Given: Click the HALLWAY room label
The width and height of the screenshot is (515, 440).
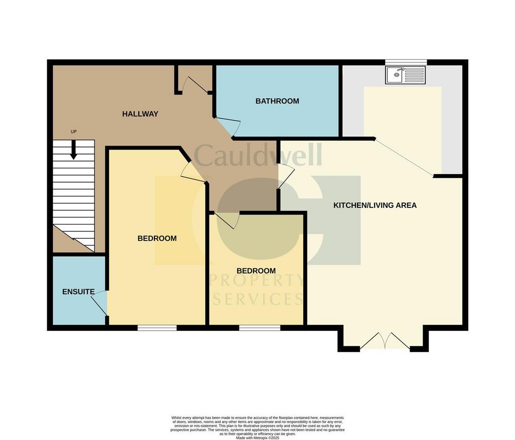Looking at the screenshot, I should (x=140, y=114).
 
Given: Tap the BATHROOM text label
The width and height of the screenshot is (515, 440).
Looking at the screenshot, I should (x=277, y=101).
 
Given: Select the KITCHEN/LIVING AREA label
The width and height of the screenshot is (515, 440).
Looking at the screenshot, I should (x=375, y=205).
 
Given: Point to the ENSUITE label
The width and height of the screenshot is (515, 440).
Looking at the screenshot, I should (x=78, y=292).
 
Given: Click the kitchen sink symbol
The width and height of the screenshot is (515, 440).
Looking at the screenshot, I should (x=405, y=76).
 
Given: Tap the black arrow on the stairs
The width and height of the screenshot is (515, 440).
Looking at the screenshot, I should (x=73, y=150).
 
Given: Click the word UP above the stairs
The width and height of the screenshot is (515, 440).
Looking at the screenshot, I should (x=73, y=132).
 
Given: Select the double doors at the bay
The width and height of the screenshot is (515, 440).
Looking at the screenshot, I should (x=384, y=341).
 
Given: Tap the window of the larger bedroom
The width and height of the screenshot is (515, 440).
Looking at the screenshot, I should (x=157, y=328).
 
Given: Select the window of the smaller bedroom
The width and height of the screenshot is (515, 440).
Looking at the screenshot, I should (x=260, y=328).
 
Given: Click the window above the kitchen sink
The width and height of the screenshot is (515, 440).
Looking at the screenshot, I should (x=406, y=62).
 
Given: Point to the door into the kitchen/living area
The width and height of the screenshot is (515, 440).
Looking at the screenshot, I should (x=286, y=176).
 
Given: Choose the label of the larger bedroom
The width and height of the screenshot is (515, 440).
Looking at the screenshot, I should (x=157, y=239).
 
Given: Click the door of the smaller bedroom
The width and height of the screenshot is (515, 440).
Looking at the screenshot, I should (x=227, y=220).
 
